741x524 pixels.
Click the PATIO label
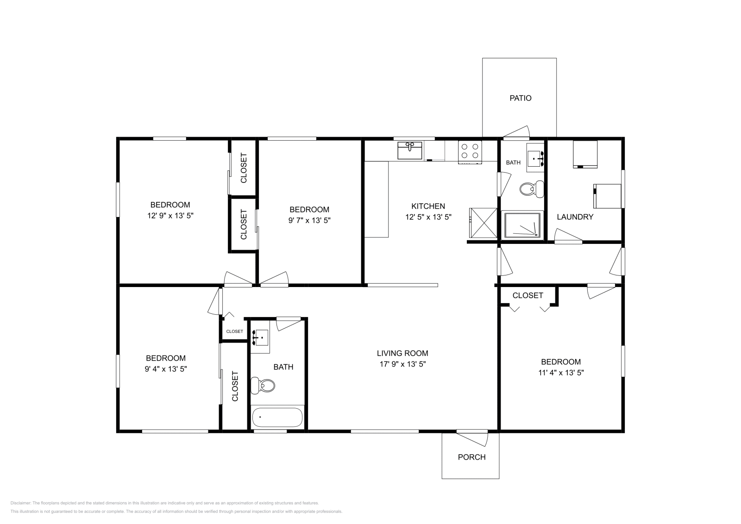[x=521, y=98]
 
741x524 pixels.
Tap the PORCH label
[x=472, y=457]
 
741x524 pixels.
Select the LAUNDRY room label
[x=575, y=217]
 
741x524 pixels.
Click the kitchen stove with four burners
[x=470, y=152]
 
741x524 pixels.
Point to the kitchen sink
[x=410, y=150]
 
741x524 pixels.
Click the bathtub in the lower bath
[x=277, y=417]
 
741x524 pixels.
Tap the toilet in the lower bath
[x=263, y=386]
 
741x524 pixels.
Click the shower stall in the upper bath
[x=522, y=225]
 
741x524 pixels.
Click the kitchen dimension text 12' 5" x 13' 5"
[x=428, y=217]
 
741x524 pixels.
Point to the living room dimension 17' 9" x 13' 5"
[x=402, y=364]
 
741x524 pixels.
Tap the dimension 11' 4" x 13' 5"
[x=561, y=373]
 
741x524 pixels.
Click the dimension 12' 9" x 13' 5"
[x=170, y=216]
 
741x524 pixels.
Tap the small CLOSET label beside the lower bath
[x=234, y=331]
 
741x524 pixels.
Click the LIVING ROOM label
[x=402, y=353]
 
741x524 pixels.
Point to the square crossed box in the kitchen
[x=484, y=223]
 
